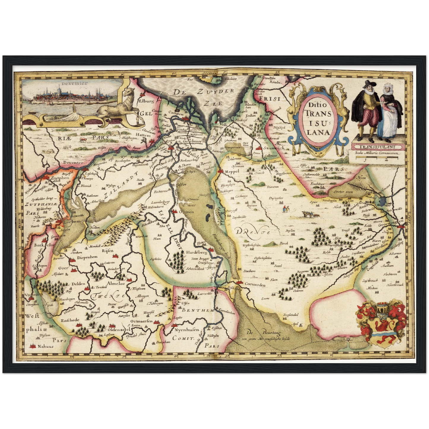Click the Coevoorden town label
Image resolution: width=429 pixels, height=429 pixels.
(255, 285)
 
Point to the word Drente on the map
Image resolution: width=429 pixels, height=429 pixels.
(253, 231)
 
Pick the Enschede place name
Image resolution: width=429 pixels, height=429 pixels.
(70, 320)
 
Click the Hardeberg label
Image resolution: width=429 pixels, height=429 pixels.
(197, 252)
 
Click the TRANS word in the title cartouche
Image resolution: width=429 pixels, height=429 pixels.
(317, 113)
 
